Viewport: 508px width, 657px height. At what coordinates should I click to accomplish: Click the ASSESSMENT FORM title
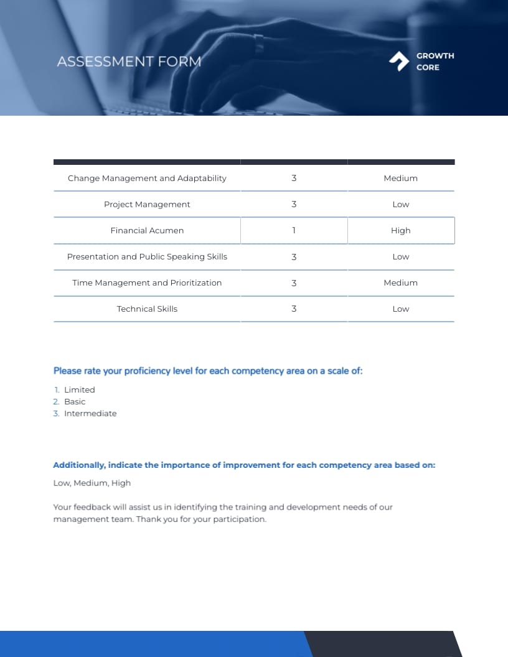[x=129, y=62]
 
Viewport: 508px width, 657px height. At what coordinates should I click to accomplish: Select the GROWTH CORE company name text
[x=435, y=62]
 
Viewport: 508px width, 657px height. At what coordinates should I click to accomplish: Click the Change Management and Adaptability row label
[x=147, y=178]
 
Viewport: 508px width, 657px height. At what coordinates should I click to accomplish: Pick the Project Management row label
[x=147, y=204]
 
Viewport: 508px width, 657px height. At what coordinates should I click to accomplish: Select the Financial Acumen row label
[x=147, y=230]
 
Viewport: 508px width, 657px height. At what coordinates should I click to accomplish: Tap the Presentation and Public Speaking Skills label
[x=147, y=256]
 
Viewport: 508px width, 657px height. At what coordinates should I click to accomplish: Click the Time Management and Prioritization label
[x=147, y=282]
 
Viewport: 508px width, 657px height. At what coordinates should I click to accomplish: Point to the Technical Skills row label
[x=147, y=309]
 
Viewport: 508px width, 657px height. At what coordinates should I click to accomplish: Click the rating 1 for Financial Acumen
[x=294, y=230]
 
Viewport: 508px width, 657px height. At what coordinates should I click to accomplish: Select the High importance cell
[x=401, y=230]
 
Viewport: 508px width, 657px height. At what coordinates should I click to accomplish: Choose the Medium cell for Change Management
[x=401, y=178]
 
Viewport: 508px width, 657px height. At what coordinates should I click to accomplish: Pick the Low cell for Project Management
[x=401, y=204]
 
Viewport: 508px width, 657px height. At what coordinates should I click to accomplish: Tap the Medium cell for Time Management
[x=401, y=282]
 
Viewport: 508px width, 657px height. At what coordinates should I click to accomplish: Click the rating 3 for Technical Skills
[x=294, y=309]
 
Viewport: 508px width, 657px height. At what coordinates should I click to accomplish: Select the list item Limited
[x=80, y=389]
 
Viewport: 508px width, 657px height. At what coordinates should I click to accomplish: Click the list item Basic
[x=75, y=401]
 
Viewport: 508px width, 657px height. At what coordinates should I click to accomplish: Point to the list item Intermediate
[x=90, y=413]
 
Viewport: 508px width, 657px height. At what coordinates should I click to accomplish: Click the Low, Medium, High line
[x=92, y=483]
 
